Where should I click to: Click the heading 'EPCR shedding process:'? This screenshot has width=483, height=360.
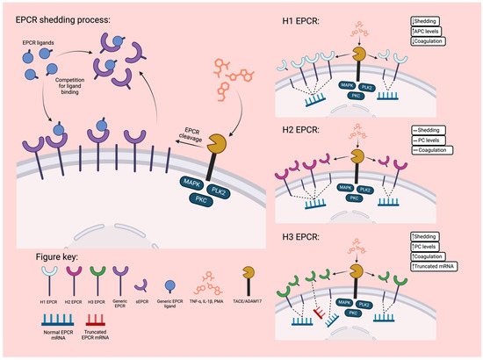tap(70, 18)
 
